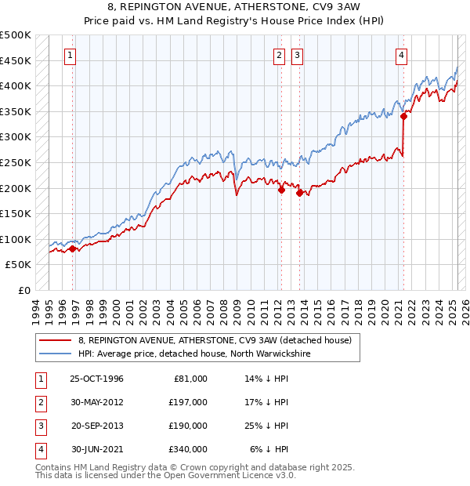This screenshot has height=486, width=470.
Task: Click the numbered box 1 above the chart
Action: pyautogui.click(x=70, y=55)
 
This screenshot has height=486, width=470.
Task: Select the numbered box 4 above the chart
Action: pyautogui.click(x=401, y=55)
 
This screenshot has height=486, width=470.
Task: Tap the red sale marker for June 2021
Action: pyautogui.click(x=404, y=116)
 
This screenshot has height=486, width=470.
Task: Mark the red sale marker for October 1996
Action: pyautogui.click(x=72, y=248)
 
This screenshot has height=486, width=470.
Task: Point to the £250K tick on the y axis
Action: pyautogui.click(x=17, y=162)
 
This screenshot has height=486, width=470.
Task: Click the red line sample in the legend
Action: pyautogui.click(x=55, y=341)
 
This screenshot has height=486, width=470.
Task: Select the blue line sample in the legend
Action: pyautogui.click(x=55, y=354)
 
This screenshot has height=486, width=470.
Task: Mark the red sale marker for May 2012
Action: pyautogui.click(x=280, y=189)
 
